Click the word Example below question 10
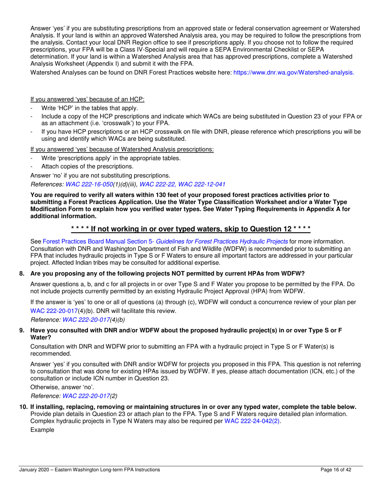[42, 429]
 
